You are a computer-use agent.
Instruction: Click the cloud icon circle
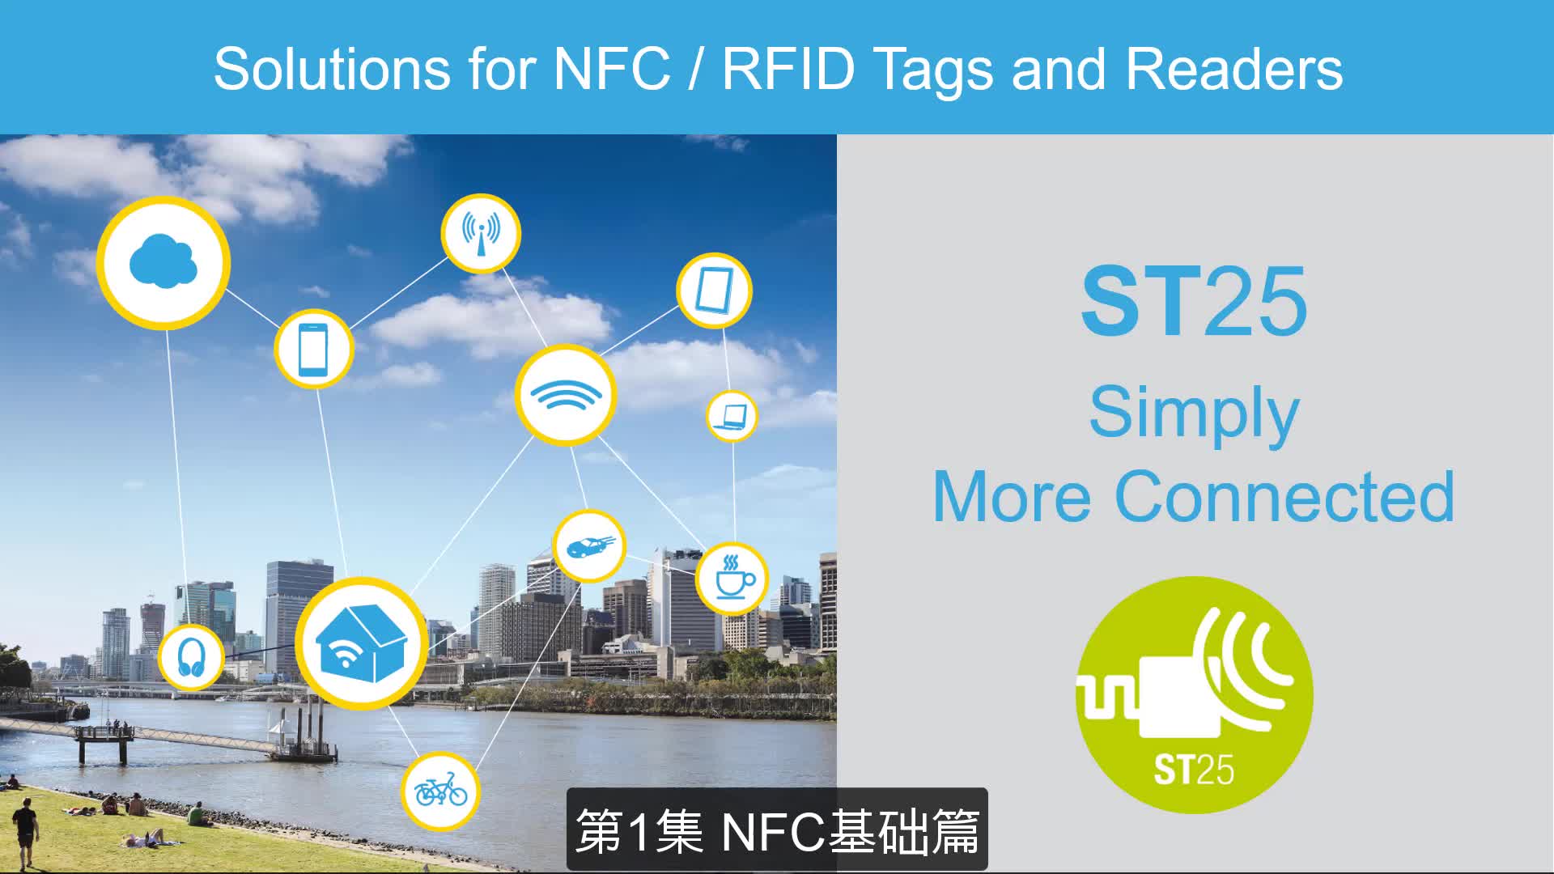[x=163, y=263]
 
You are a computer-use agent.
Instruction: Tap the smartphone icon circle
[x=314, y=349]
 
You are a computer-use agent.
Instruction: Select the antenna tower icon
[x=481, y=233]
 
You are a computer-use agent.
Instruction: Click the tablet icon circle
[x=714, y=291]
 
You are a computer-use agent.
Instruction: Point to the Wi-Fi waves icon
[x=566, y=396]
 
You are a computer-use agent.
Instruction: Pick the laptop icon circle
[x=732, y=416]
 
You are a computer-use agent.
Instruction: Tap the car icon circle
[x=589, y=546]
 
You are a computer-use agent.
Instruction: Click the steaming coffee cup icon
[x=732, y=578]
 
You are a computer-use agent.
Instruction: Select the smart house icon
[x=361, y=643]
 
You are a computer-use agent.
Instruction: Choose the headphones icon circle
[x=191, y=656]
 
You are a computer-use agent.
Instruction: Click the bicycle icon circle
[x=441, y=790]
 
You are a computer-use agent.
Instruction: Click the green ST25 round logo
[x=1194, y=694]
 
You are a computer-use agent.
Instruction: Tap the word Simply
[x=1194, y=413]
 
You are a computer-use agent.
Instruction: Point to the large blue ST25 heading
[x=1194, y=302]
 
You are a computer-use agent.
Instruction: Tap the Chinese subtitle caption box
[x=777, y=830]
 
